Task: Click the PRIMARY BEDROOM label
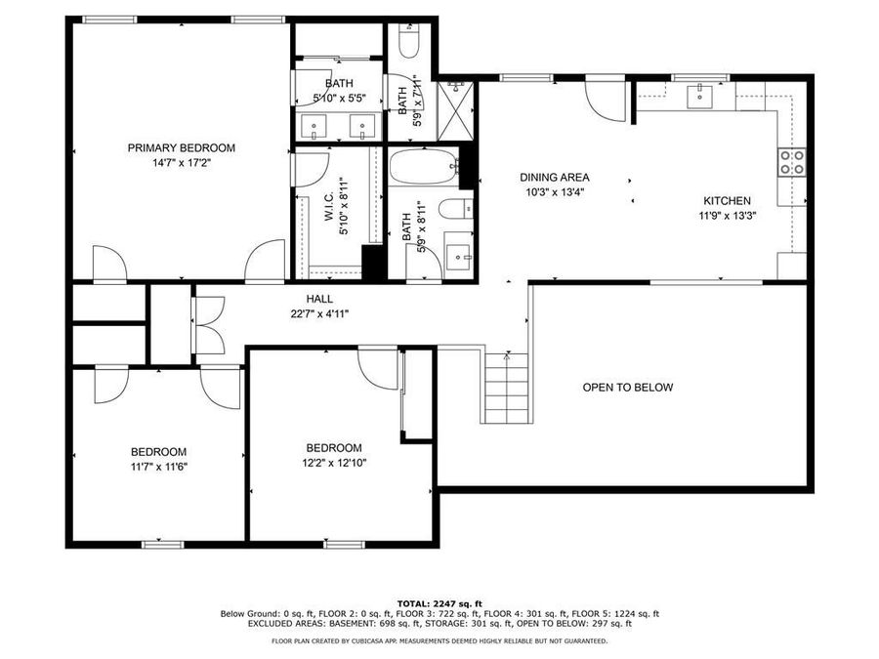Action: click(181, 147)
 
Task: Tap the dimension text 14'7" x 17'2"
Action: click(181, 163)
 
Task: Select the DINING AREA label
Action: click(554, 177)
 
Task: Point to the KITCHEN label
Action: click(724, 200)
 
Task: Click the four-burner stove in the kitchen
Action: click(791, 162)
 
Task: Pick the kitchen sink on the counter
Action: click(700, 95)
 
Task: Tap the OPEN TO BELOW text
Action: click(627, 388)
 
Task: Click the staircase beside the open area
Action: click(505, 388)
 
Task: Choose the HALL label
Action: click(318, 299)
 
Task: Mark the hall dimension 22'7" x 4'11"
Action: click(318, 313)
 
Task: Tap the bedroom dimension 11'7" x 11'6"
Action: click(158, 467)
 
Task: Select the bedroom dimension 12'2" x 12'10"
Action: click(334, 463)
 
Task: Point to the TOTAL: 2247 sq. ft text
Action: click(439, 603)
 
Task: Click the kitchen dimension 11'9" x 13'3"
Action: click(724, 216)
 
